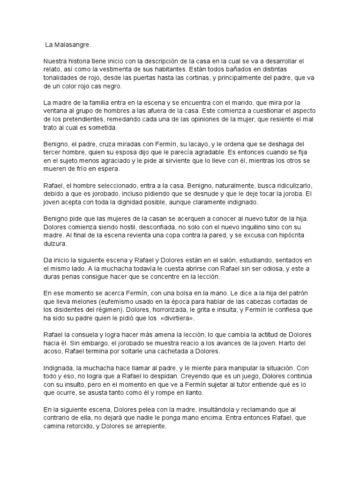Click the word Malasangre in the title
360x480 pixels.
click(71, 45)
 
